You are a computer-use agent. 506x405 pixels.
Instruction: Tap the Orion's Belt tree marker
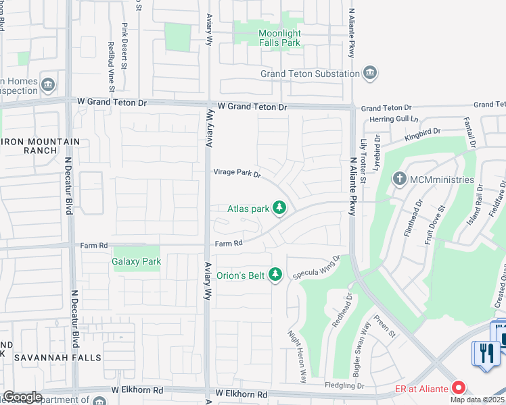[275, 275]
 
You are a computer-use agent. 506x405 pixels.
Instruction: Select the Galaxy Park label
[137, 261]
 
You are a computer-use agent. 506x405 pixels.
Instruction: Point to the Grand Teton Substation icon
[370, 73]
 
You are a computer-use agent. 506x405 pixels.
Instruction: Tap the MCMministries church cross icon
[400, 179]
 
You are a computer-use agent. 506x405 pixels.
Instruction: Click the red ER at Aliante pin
[459, 387]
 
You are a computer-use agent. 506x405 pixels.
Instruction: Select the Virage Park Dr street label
[237, 173]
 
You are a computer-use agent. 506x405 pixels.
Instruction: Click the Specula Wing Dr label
[316, 267]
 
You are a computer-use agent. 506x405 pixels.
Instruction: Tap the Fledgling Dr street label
[342, 386]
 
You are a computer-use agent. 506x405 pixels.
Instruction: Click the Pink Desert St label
[124, 47]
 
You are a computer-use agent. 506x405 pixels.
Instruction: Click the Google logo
[22, 396]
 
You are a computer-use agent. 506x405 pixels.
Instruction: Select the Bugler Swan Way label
[358, 348]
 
